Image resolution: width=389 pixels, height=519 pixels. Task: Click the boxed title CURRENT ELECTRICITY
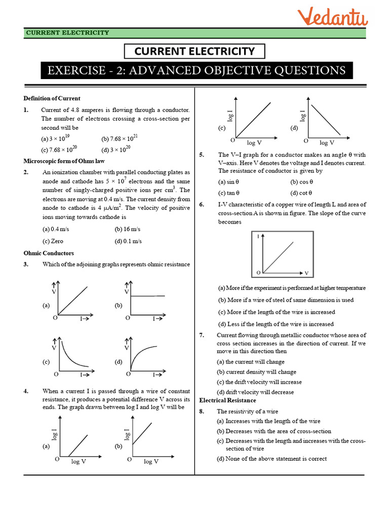194,51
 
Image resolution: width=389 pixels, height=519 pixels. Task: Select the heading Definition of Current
52,98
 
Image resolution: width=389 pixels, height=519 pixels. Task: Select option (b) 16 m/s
126,229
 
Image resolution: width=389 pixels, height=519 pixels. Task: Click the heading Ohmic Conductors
49,253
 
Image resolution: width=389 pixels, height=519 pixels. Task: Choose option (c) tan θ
229,193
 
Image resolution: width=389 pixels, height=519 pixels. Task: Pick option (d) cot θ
301,193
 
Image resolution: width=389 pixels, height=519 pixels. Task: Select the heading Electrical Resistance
227,400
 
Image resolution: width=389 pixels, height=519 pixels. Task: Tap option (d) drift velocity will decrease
255,392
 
